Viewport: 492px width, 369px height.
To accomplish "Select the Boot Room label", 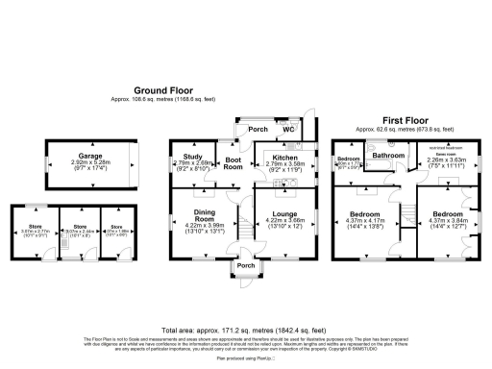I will [234, 162].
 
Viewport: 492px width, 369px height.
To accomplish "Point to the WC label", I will [287, 129].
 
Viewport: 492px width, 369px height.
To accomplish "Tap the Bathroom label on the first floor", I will [388, 155].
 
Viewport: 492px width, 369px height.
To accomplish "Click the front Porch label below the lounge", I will [246, 266].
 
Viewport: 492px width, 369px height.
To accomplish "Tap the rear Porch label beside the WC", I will [257, 129].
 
